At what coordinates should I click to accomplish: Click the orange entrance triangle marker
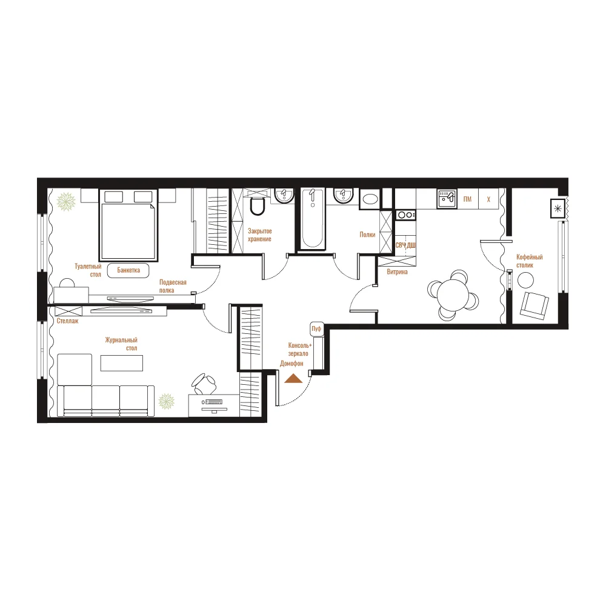pyautogui.click(x=293, y=379)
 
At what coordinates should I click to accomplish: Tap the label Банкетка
pyautogui.click(x=128, y=270)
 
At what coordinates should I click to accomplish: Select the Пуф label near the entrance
pyautogui.click(x=316, y=329)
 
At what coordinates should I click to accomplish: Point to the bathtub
pyautogui.click(x=312, y=218)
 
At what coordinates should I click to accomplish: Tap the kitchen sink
pyautogui.click(x=447, y=199)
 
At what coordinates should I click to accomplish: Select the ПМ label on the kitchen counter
pyautogui.click(x=467, y=199)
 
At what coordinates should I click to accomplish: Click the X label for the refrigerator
pyautogui.click(x=488, y=199)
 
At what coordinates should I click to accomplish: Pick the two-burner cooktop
pyautogui.click(x=406, y=215)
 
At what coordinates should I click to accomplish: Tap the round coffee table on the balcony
pyautogui.click(x=525, y=280)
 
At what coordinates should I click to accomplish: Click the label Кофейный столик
pyautogui.click(x=530, y=261)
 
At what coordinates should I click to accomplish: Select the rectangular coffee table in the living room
pyautogui.click(x=122, y=363)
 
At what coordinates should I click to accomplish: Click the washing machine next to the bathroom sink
pyautogui.click(x=370, y=199)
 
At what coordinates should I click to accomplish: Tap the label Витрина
pyautogui.click(x=397, y=272)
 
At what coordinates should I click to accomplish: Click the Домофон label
pyautogui.click(x=292, y=364)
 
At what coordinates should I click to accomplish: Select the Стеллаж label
pyautogui.click(x=68, y=321)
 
